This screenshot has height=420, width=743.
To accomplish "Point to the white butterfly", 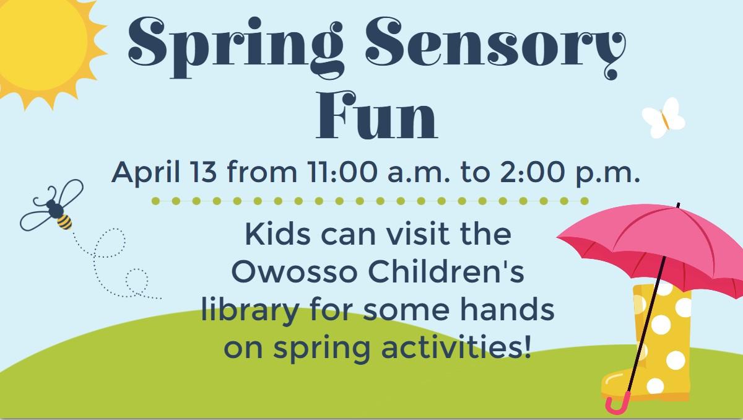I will (x=663, y=117).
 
